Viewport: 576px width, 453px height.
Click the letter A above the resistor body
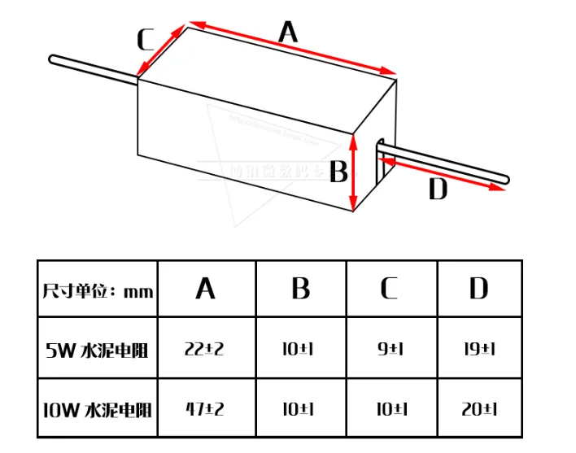[x=288, y=33]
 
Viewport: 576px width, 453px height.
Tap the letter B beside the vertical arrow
[x=339, y=172]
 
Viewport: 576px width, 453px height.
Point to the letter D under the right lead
[x=438, y=189]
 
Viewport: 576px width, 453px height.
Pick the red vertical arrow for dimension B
[x=354, y=172]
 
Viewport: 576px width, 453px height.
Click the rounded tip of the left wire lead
[x=54, y=59]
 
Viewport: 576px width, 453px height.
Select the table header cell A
[x=206, y=289]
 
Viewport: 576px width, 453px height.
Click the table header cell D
[x=478, y=289]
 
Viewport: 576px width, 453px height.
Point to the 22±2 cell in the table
[x=206, y=349]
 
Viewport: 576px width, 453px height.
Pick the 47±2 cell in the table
[x=206, y=408]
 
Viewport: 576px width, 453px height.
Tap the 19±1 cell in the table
[x=478, y=349]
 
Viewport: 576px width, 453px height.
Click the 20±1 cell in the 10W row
[x=478, y=408]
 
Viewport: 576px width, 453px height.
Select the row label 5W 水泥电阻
[x=98, y=350]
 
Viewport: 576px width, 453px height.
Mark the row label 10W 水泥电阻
[x=98, y=408]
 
